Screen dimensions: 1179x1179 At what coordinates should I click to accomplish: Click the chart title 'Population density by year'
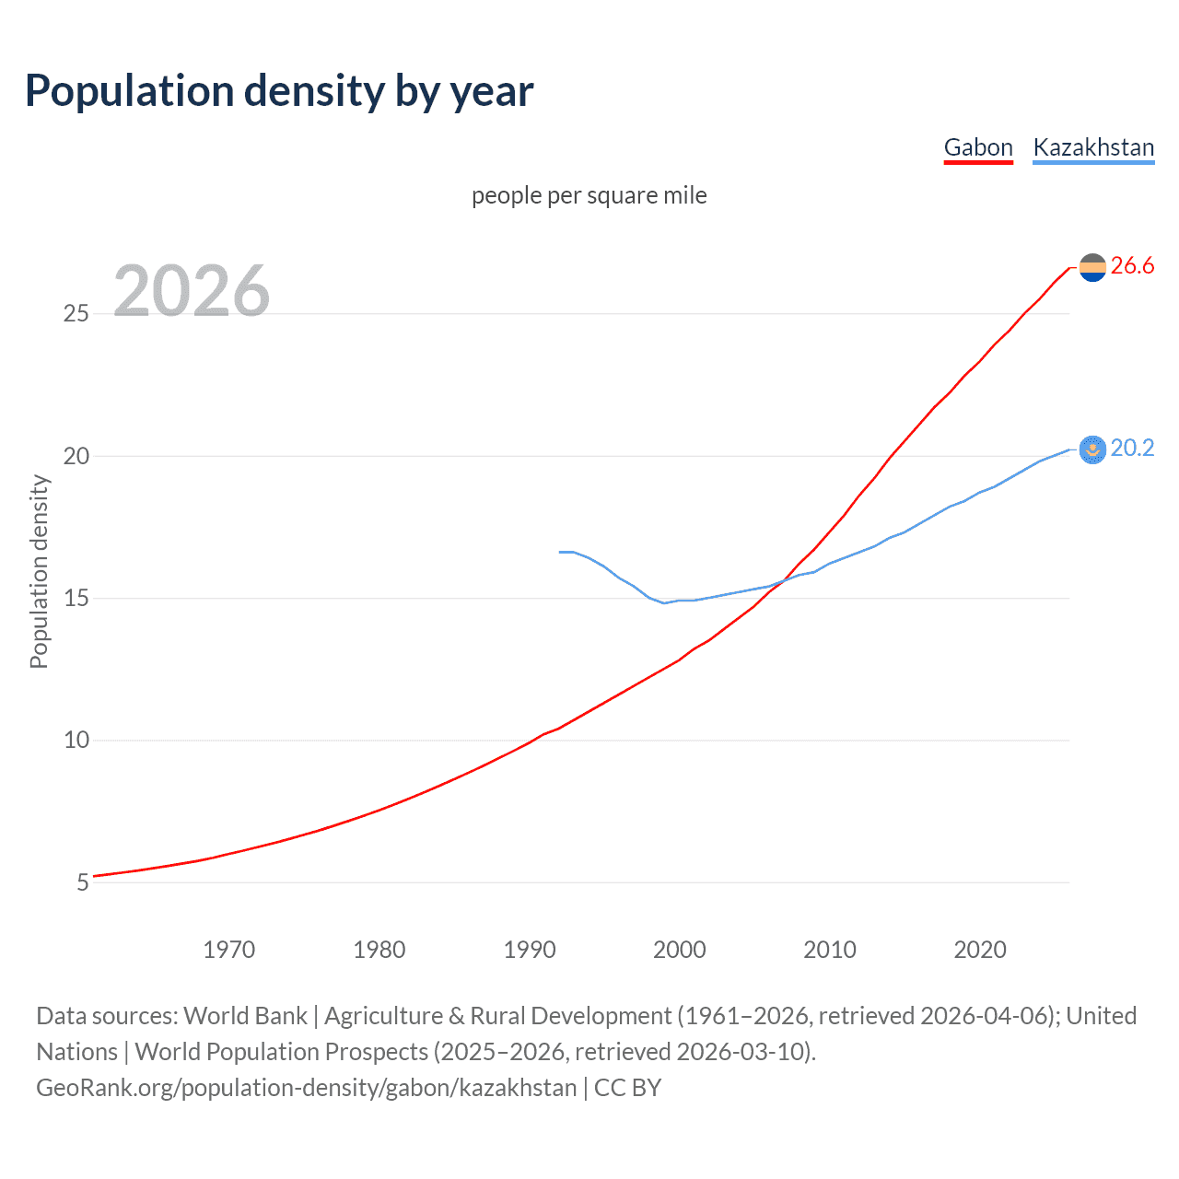(x=279, y=91)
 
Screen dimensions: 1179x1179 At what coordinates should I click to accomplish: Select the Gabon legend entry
(x=978, y=147)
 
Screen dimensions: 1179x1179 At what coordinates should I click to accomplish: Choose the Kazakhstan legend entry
(x=1093, y=147)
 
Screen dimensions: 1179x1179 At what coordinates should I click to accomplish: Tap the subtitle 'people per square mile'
(x=589, y=195)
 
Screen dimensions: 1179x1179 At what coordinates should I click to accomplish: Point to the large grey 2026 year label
(x=192, y=291)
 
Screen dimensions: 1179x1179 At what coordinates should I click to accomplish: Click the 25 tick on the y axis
(x=76, y=314)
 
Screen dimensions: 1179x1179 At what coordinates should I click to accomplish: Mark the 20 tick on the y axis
(x=76, y=457)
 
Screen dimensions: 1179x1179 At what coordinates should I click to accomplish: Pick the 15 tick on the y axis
(x=76, y=599)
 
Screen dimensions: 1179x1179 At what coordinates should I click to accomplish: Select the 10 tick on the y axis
(x=76, y=741)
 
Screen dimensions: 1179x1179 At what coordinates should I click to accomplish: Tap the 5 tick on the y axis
(x=83, y=882)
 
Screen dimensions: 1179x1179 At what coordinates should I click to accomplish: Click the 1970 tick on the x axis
(x=228, y=950)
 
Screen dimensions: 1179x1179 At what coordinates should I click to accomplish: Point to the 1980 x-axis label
(x=379, y=950)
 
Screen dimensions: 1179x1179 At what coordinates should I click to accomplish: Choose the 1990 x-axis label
(x=530, y=950)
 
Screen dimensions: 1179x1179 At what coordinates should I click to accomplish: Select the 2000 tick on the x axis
(x=680, y=950)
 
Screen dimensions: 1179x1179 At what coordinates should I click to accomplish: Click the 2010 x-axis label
(x=830, y=950)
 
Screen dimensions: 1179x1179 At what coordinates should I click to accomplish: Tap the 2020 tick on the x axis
(x=980, y=950)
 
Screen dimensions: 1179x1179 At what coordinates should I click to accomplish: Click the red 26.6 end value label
(x=1132, y=266)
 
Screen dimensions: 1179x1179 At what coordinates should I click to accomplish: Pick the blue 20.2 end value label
(x=1132, y=449)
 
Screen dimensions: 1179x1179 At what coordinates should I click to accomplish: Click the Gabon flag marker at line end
(x=1092, y=268)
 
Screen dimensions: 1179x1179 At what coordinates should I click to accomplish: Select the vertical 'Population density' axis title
(x=39, y=571)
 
